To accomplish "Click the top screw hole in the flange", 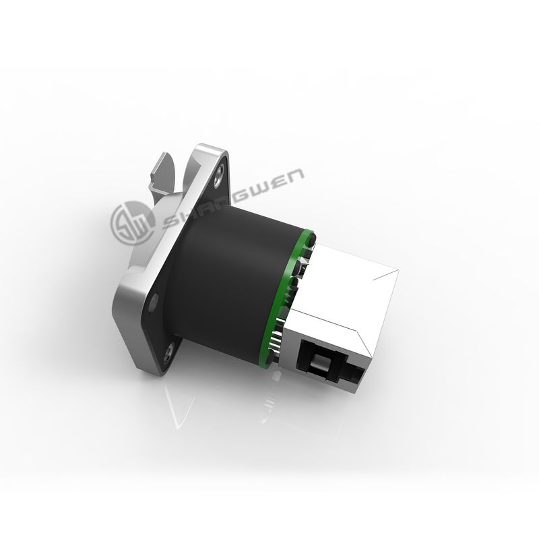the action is coord(218,175).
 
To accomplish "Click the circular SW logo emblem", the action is coord(132,223).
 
